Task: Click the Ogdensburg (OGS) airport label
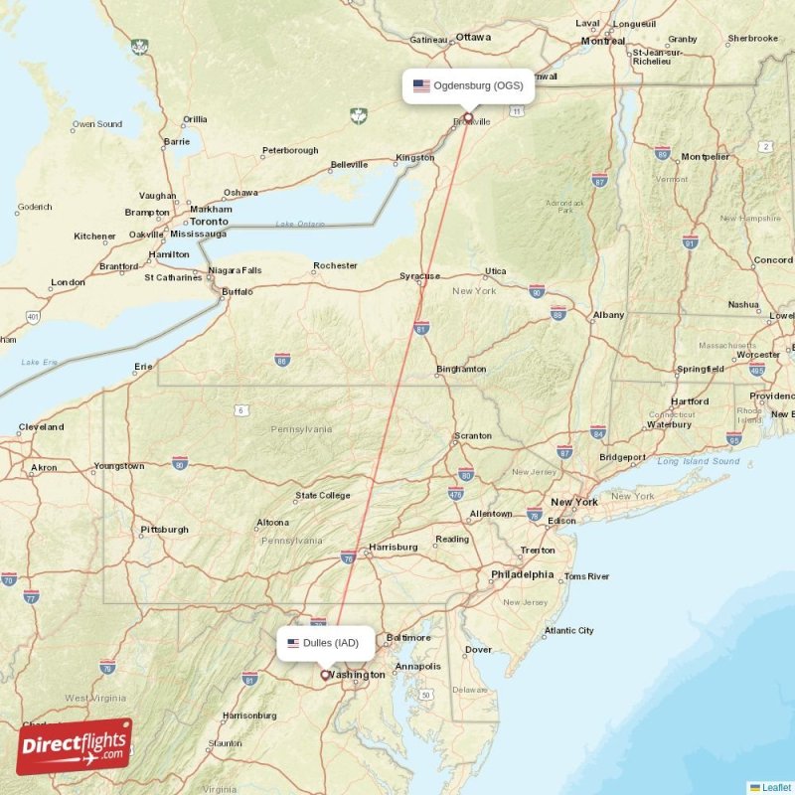point(468,85)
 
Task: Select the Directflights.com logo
point(74,746)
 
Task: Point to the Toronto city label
point(209,221)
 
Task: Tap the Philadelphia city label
point(522,574)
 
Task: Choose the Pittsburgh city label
point(164,530)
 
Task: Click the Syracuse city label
point(419,276)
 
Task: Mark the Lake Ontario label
point(300,225)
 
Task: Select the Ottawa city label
point(474,37)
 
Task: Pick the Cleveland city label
point(41,427)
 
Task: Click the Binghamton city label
point(461,370)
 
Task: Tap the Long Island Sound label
point(698,461)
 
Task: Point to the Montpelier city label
point(705,157)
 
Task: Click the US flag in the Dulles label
point(293,643)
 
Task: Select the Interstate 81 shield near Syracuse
point(421,327)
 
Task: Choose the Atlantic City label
point(568,630)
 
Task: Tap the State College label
point(322,495)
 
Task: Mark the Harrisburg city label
point(393,547)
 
